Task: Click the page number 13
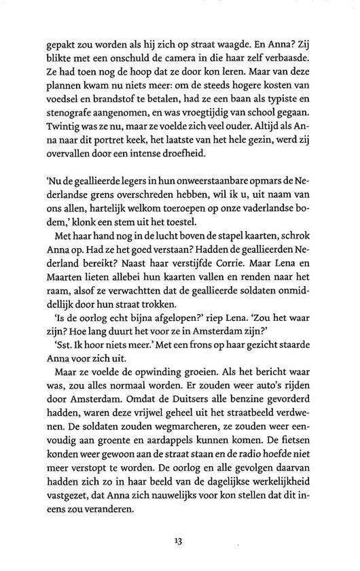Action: [x=179, y=542]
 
